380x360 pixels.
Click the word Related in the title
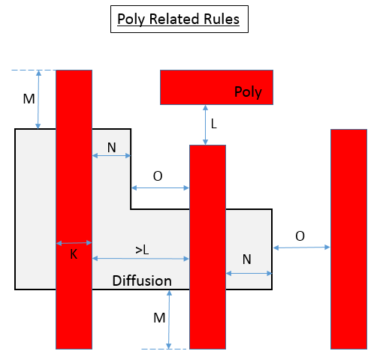174,19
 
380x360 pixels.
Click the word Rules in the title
222,19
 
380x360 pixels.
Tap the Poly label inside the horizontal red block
248,92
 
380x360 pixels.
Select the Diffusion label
142,280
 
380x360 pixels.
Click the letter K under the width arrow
74,254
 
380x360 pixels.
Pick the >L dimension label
142,250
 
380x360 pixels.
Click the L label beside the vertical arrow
214,124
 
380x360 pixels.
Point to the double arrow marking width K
74,243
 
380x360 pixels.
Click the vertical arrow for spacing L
205,124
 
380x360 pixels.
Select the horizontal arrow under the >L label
140,259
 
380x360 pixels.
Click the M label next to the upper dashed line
29,99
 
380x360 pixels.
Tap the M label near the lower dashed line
159,318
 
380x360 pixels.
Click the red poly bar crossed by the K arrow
74,209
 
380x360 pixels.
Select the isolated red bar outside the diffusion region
348,239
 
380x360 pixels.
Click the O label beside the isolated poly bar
300,236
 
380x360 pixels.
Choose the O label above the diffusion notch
158,176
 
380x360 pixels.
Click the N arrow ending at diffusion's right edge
249,274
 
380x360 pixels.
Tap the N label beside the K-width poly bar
112,148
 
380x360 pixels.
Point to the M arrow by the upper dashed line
38,100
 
